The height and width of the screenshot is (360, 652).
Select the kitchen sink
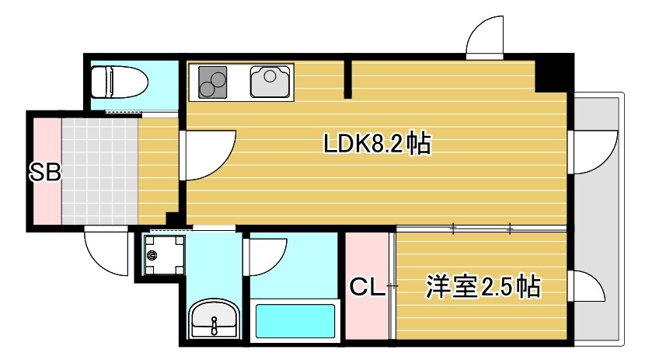point(270,80)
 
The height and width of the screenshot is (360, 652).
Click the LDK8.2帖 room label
point(378,145)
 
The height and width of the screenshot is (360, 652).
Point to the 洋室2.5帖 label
point(483,287)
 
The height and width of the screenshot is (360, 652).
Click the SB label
point(45,172)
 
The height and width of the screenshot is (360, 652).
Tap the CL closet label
point(367,288)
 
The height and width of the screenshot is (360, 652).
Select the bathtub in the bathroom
point(295,319)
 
